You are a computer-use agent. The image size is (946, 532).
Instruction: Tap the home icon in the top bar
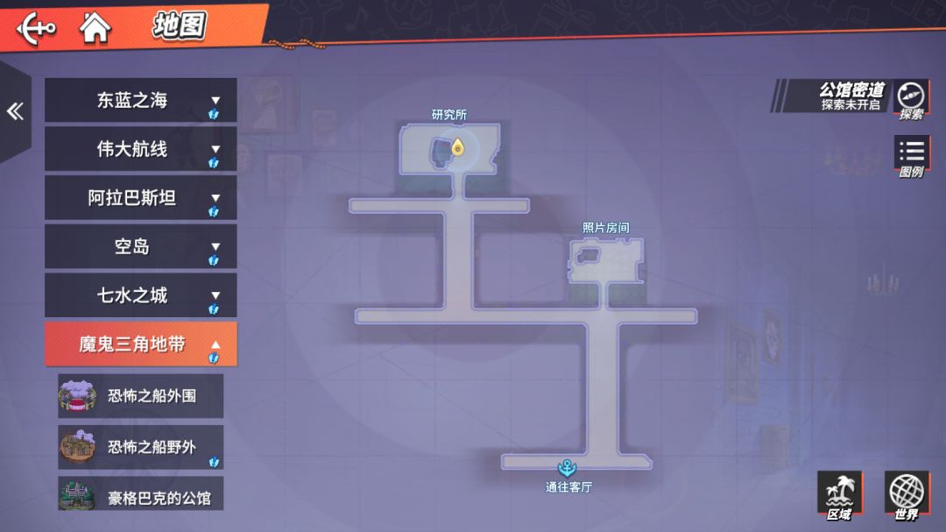[95, 28]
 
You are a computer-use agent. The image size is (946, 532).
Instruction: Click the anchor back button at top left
[36, 28]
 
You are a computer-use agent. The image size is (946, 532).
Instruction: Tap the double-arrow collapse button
[15, 111]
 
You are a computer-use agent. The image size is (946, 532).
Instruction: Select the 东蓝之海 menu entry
[140, 100]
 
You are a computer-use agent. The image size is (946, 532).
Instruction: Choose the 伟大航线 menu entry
[140, 149]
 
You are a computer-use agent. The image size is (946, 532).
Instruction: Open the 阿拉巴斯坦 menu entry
[140, 197]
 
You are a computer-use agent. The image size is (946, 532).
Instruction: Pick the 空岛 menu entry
[140, 246]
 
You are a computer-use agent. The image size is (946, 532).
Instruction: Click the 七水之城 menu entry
[140, 295]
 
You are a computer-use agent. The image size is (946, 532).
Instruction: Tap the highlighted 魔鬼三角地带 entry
[140, 344]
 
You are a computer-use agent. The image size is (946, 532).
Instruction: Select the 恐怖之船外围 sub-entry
[140, 396]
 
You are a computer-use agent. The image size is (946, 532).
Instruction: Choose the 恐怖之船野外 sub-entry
[140, 447]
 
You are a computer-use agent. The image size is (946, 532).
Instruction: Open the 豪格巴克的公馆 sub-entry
[140, 494]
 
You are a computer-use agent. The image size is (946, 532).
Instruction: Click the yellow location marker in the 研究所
[458, 147]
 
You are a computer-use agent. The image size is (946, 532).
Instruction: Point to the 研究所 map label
[448, 115]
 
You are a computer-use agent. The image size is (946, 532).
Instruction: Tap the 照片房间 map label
[605, 228]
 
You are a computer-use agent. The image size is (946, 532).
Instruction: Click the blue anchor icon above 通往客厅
[567, 467]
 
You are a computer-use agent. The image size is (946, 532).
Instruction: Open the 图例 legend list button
[912, 156]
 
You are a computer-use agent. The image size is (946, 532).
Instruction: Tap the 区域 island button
[840, 496]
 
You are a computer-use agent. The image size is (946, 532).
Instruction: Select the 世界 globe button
[907, 496]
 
